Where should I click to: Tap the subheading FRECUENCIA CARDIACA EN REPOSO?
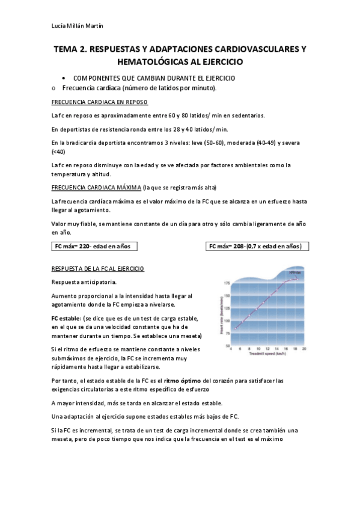[x=100, y=102]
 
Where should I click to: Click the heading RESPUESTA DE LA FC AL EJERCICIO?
[x=98, y=268]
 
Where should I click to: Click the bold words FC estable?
[x=66, y=318]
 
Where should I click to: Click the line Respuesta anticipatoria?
[x=84, y=282]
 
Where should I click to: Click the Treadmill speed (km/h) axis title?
[x=268, y=355]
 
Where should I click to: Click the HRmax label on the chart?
[x=294, y=274]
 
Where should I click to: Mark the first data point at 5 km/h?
[x=236, y=328]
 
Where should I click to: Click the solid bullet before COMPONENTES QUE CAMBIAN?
[x=64, y=79]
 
